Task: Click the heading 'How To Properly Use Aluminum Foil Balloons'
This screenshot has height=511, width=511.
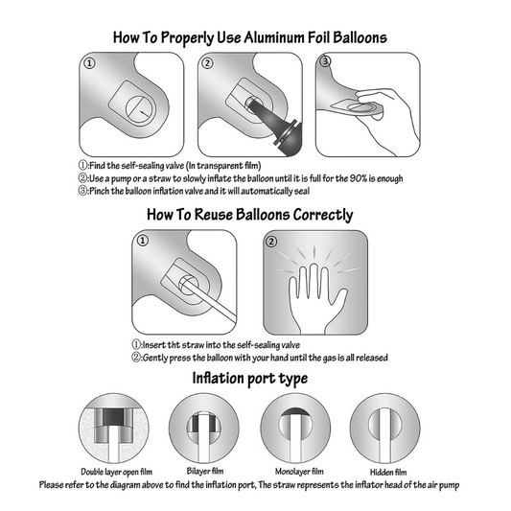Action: (x=250, y=38)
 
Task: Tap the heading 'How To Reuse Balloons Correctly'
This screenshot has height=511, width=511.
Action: (x=250, y=215)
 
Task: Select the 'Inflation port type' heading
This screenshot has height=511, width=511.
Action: (x=250, y=379)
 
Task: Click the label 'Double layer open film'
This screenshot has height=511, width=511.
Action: (x=116, y=472)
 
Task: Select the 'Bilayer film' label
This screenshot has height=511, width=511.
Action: (x=205, y=471)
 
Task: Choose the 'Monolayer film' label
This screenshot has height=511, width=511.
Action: (x=299, y=472)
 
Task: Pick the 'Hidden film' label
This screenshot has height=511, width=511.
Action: (x=388, y=472)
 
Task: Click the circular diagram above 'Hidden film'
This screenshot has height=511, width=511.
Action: (x=384, y=428)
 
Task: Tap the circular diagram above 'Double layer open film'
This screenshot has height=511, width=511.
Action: (x=114, y=428)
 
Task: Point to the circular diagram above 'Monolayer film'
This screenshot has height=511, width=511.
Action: (x=295, y=428)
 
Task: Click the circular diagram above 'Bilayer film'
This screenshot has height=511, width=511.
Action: (x=204, y=428)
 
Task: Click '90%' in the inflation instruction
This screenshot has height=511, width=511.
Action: (x=359, y=178)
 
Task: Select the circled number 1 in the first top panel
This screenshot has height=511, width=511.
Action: (x=89, y=63)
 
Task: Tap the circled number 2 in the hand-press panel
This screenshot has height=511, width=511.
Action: (x=271, y=242)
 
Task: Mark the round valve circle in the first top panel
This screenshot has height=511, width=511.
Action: (x=141, y=110)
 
